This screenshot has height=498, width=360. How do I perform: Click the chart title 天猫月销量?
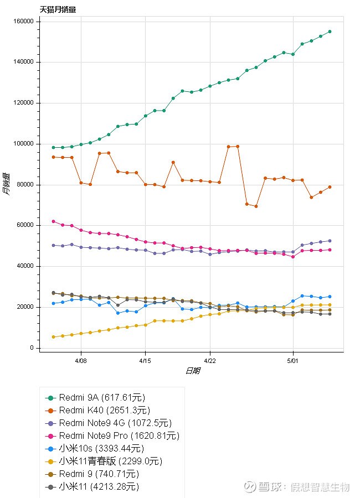click(58, 9)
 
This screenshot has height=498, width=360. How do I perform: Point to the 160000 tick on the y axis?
click(23, 22)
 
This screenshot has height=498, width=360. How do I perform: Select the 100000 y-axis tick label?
click(23, 144)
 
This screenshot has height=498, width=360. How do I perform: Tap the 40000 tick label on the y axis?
click(25, 266)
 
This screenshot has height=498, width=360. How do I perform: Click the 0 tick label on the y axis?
click(32, 348)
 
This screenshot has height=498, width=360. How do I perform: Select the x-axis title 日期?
click(192, 371)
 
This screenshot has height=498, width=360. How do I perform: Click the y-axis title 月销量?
click(6, 185)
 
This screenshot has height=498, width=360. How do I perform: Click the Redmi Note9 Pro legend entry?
click(119, 435)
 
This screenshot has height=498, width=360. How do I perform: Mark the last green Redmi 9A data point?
click(330, 32)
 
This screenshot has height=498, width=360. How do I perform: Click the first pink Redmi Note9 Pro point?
click(53, 221)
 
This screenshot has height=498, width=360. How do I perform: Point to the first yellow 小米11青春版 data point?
click(53, 337)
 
